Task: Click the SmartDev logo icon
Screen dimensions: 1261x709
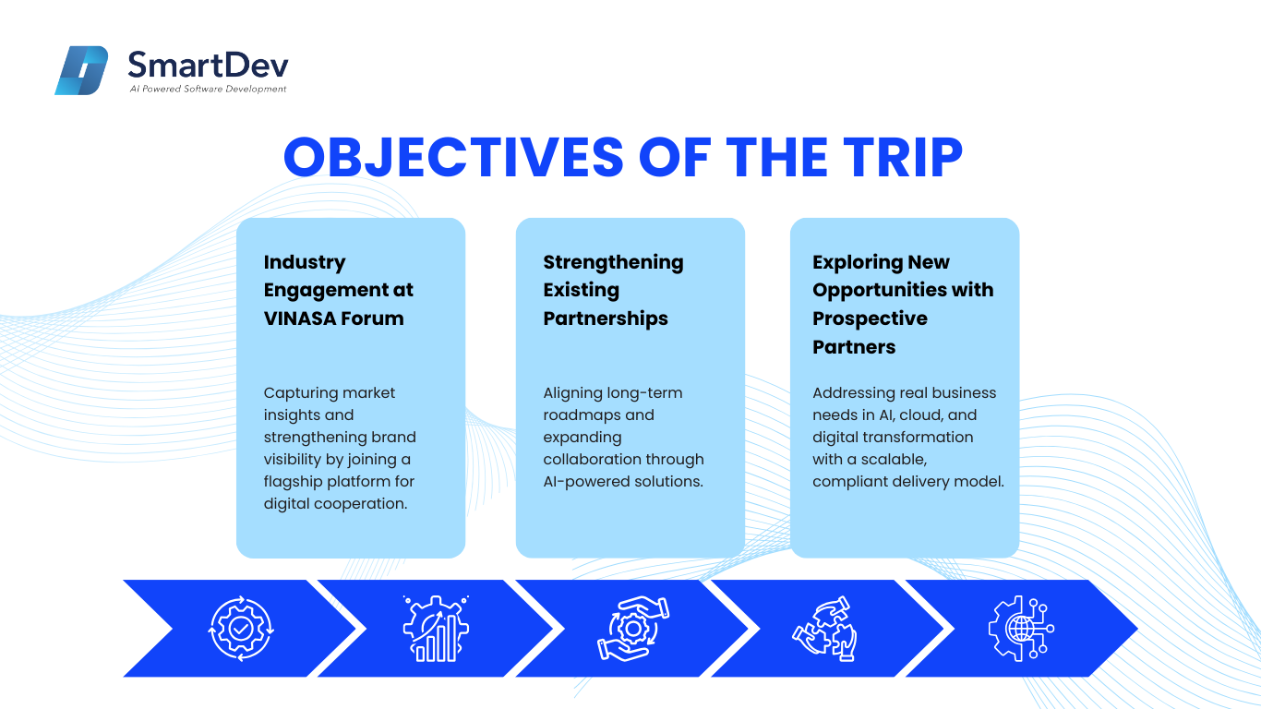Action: pyautogui.click(x=81, y=70)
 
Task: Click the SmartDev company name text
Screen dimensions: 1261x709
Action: pyautogui.click(x=209, y=65)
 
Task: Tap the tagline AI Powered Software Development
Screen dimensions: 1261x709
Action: pyautogui.click(x=208, y=89)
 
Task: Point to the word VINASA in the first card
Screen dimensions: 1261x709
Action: pyautogui.click(x=299, y=318)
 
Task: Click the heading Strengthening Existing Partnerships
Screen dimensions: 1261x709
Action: pyautogui.click(x=613, y=290)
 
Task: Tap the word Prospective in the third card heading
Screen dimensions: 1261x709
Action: pyautogui.click(x=870, y=318)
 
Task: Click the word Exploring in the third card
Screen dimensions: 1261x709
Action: pyautogui.click(x=857, y=262)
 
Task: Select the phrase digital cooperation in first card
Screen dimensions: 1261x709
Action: pyautogui.click(x=335, y=503)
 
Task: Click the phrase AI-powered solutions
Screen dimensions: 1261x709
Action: pyautogui.click(x=623, y=482)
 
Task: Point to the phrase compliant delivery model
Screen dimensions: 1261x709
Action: pyautogui.click(x=908, y=482)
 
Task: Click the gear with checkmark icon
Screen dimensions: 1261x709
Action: pyautogui.click(x=241, y=629)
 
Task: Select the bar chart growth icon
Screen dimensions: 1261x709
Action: pyautogui.click(x=436, y=629)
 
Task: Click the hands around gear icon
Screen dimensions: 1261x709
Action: pyautogui.click(x=633, y=629)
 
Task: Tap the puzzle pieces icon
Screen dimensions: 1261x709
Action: pyautogui.click(x=824, y=629)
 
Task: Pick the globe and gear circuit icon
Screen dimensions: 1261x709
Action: pyautogui.click(x=1021, y=629)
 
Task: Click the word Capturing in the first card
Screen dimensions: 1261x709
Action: pyautogui.click(x=298, y=393)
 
